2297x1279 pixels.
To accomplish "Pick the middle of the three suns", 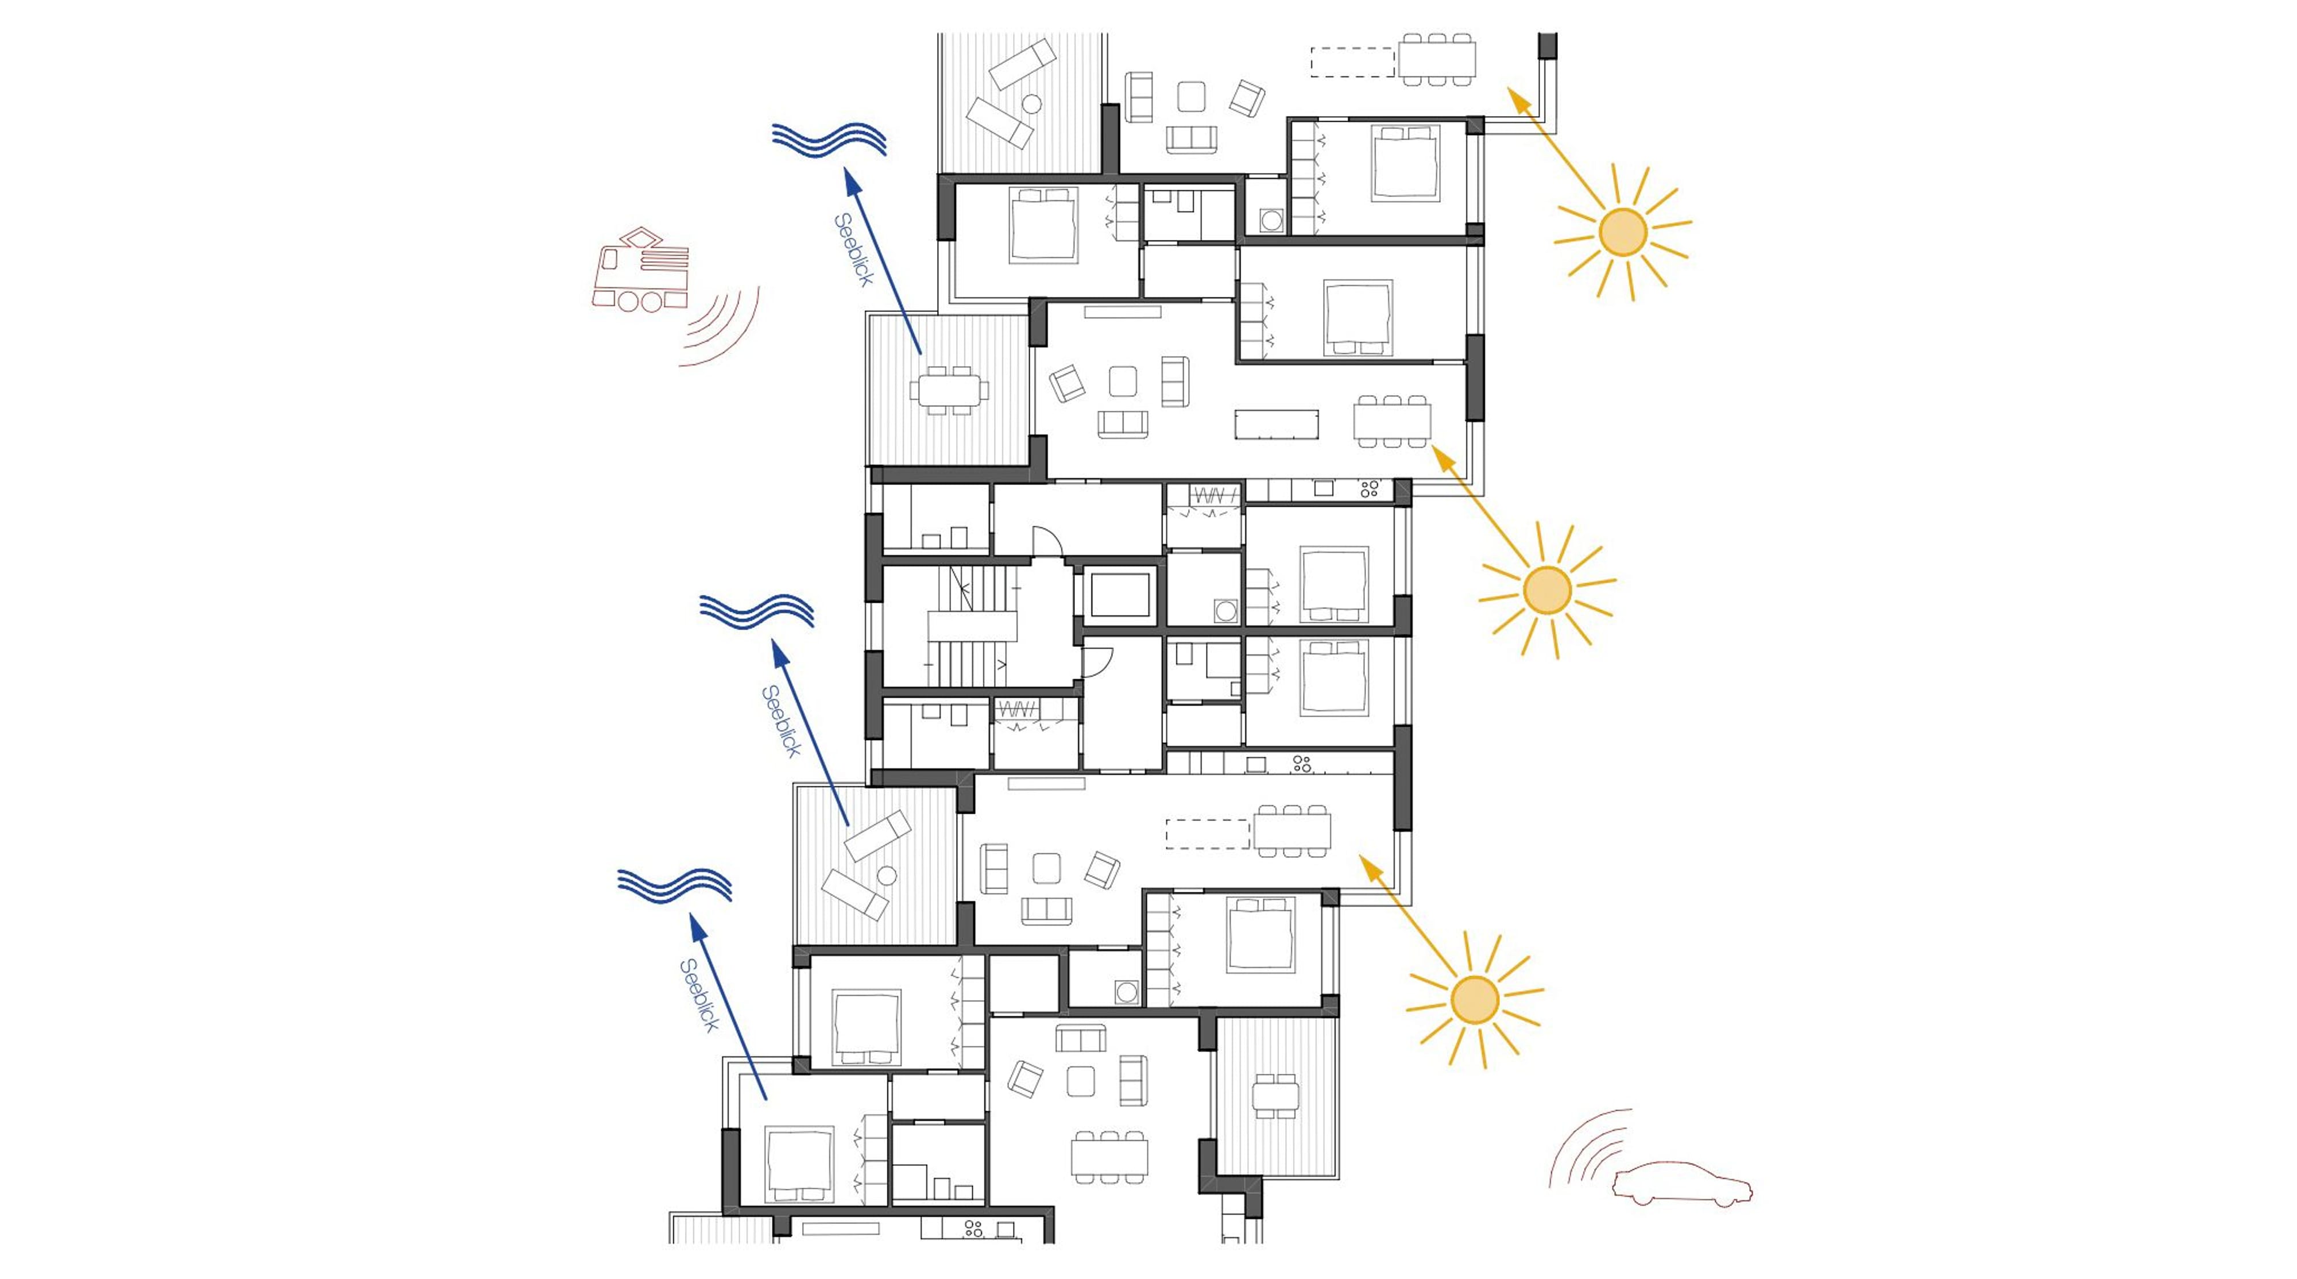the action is [1547, 590].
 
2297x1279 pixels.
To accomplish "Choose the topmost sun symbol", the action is [1622, 232].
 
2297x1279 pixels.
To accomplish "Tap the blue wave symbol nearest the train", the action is [829, 139].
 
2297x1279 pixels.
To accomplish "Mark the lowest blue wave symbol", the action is [675, 885].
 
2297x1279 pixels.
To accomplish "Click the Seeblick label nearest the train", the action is [853, 250].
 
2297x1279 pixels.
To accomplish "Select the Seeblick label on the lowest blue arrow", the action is [699, 995].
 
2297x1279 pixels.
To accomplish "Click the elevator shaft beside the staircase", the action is [1120, 595].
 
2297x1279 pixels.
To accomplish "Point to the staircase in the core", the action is [972, 625].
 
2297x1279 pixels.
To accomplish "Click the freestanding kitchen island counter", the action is [1276, 423].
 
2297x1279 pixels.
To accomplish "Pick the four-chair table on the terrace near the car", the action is [1274, 1096].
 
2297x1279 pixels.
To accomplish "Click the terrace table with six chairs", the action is [949, 390].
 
